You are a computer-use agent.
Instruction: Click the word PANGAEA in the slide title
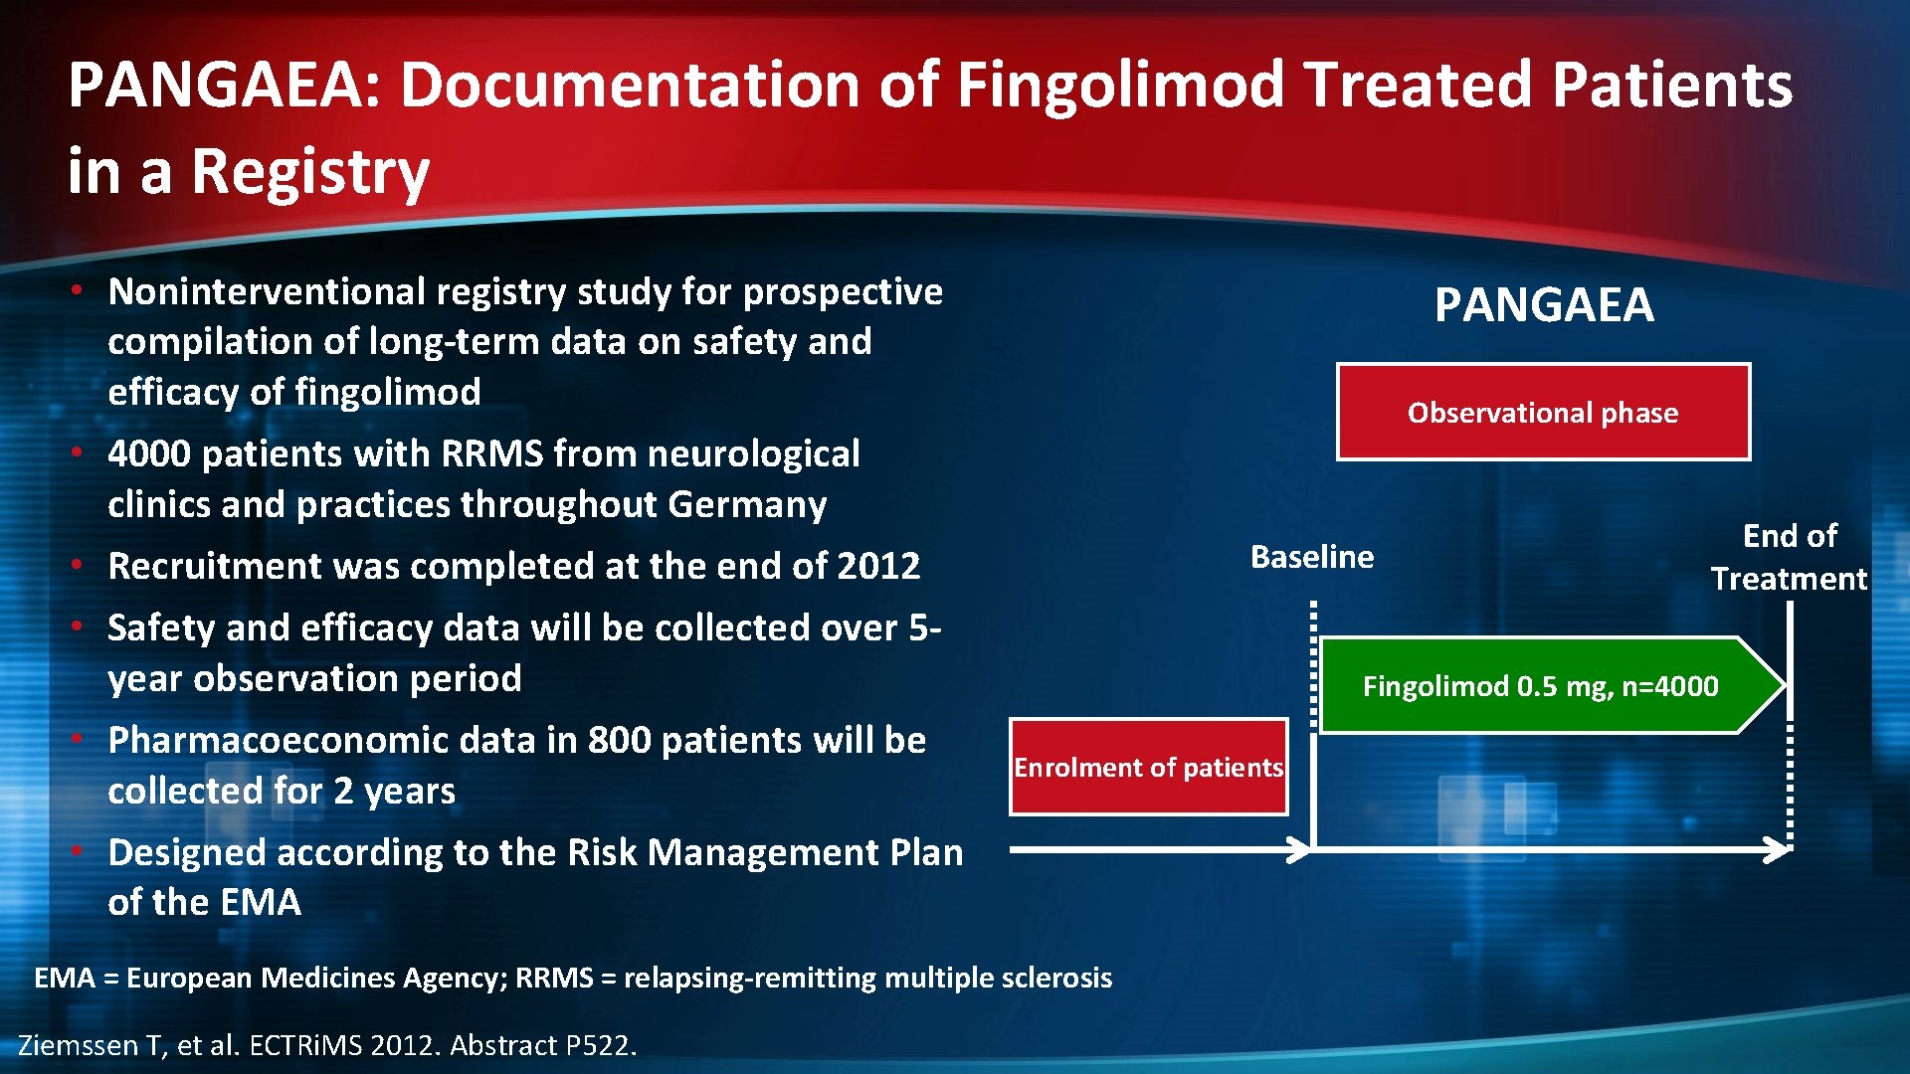(x=224, y=85)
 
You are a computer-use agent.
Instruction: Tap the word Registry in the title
(x=310, y=172)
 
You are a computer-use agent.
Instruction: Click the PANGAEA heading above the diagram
(x=1543, y=305)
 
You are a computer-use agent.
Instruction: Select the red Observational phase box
(x=1543, y=413)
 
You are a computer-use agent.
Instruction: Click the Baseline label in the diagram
(x=1311, y=557)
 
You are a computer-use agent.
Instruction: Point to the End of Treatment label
(x=1789, y=557)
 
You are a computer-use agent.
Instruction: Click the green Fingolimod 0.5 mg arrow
(x=1543, y=686)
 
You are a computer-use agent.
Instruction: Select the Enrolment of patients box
(x=1148, y=768)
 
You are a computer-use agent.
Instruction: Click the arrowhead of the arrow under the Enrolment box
(x=1298, y=850)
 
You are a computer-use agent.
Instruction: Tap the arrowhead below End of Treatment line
(x=1777, y=850)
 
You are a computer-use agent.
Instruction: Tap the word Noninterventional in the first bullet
(x=267, y=292)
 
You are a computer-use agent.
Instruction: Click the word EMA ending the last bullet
(x=260, y=903)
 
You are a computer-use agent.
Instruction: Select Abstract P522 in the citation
(x=541, y=1046)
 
